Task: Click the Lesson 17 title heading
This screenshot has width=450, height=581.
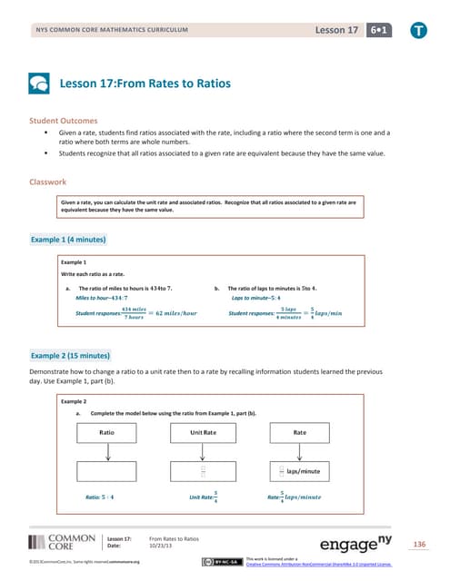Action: (145, 84)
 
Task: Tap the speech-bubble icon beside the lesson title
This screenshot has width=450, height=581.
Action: (40, 84)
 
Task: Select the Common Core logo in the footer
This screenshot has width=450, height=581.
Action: (62, 543)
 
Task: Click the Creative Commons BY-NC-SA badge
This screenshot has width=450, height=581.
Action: (226, 564)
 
